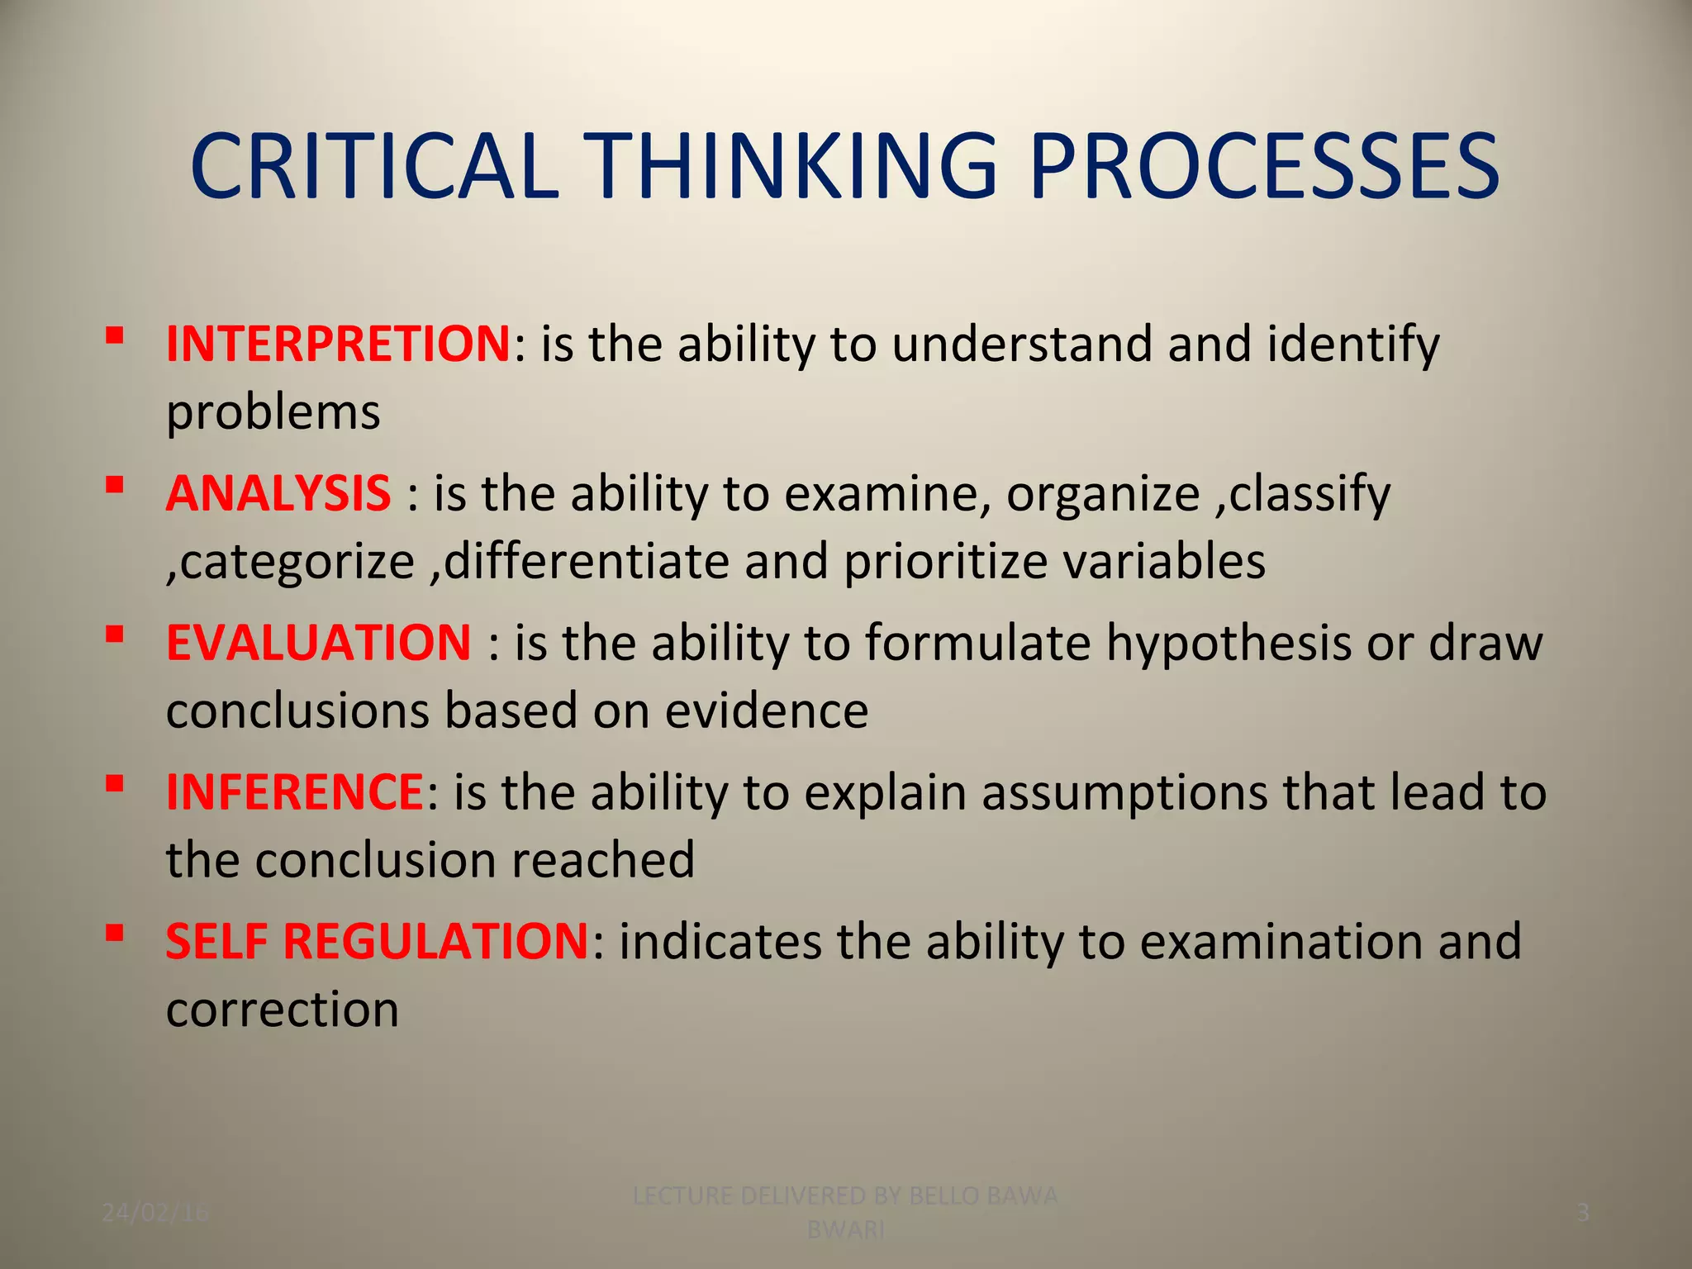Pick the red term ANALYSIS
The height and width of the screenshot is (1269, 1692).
pyautogui.click(x=278, y=493)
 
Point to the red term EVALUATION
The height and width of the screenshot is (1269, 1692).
pyautogui.click(x=318, y=643)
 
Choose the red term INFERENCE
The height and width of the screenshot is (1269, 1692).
pyautogui.click(x=295, y=791)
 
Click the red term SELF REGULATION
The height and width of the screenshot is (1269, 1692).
pyautogui.click(x=377, y=941)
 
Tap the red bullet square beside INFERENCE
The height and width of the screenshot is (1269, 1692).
pyautogui.click(x=115, y=782)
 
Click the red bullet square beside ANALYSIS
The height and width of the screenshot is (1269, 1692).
pyautogui.click(x=115, y=484)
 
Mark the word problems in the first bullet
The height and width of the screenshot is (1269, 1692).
pyautogui.click(x=273, y=412)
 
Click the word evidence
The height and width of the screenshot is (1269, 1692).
pyautogui.click(x=767, y=711)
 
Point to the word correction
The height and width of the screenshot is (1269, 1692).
pyautogui.click(x=283, y=1010)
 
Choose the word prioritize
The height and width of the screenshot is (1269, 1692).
pyautogui.click(x=946, y=562)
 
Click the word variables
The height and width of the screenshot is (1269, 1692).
pyautogui.click(x=1164, y=562)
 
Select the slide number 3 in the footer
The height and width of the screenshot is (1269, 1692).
pyautogui.click(x=1583, y=1213)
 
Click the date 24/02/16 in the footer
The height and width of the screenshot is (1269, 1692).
pyautogui.click(x=155, y=1213)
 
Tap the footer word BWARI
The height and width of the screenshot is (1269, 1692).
pyautogui.click(x=845, y=1230)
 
